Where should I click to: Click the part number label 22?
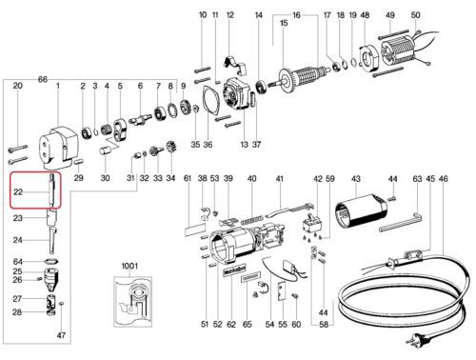click(x=18, y=191)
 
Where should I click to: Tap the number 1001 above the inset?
click(x=129, y=266)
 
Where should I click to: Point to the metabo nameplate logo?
click(x=234, y=270)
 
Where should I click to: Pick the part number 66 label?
click(x=42, y=79)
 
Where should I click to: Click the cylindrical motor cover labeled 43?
click(x=361, y=210)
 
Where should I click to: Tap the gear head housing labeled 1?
click(x=59, y=147)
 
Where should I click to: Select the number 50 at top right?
click(x=415, y=15)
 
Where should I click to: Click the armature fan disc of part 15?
click(x=286, y=81)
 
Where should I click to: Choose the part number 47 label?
click(x=61, y=335)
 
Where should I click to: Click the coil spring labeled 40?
click(x=252, y=220)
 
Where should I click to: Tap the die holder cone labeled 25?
click(x=51, y=278)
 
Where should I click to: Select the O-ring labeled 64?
click(x=51, y=262)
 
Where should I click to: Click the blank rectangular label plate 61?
click(x=195, y=230)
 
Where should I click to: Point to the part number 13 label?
click(x=244, y=145)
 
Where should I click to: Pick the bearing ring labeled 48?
click(x=367, y=58)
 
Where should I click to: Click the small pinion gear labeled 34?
click(x=171, y=149)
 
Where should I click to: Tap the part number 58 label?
click(x=323, y=325)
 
